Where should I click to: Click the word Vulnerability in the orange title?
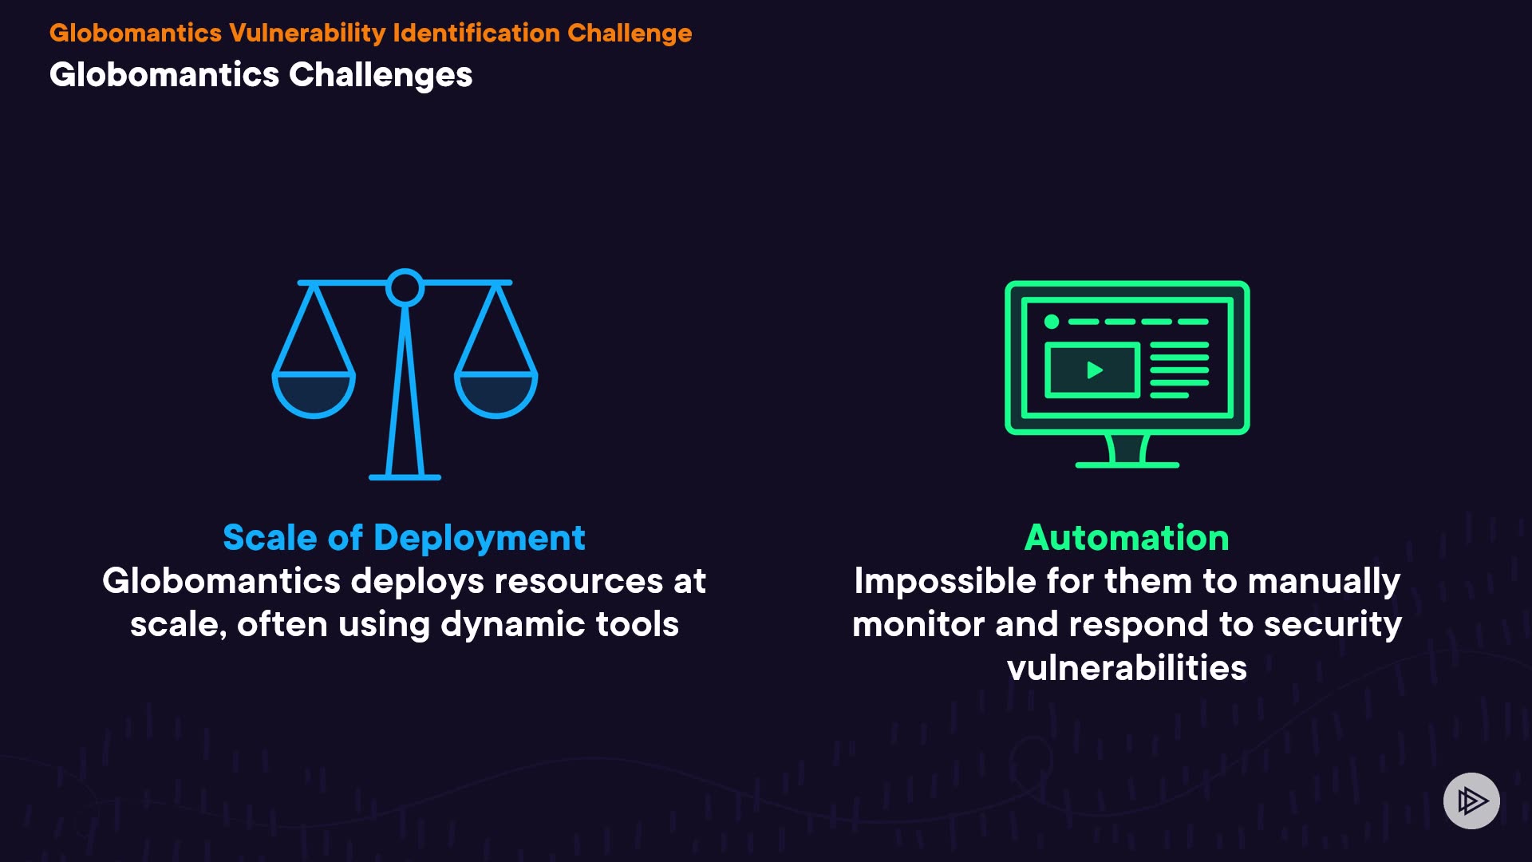[307, 34]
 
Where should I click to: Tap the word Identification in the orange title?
[476, 33]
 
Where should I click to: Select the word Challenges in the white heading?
[381, 76]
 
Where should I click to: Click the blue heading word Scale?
[270, 538]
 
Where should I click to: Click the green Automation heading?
[1127, 538]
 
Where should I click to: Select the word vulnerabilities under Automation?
[1127, 668]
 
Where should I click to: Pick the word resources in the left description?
[578, 582]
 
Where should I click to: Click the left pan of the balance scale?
[314, 393]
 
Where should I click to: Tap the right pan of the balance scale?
[496, 393]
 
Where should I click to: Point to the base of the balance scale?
[405, 477]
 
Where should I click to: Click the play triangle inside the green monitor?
[1095, 370]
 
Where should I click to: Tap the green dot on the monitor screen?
[1052, 322]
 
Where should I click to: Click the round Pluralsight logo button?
[1471, 801]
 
